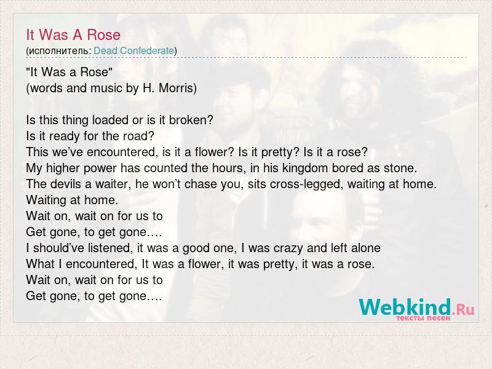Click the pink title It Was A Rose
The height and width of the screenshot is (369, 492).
click(73, 34)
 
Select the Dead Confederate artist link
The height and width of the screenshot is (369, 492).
click(133, 50)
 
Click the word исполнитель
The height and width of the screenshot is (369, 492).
click(58, 51)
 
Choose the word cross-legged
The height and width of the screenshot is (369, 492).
click(305, 184)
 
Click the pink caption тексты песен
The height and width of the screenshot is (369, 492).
click(423, 318)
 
